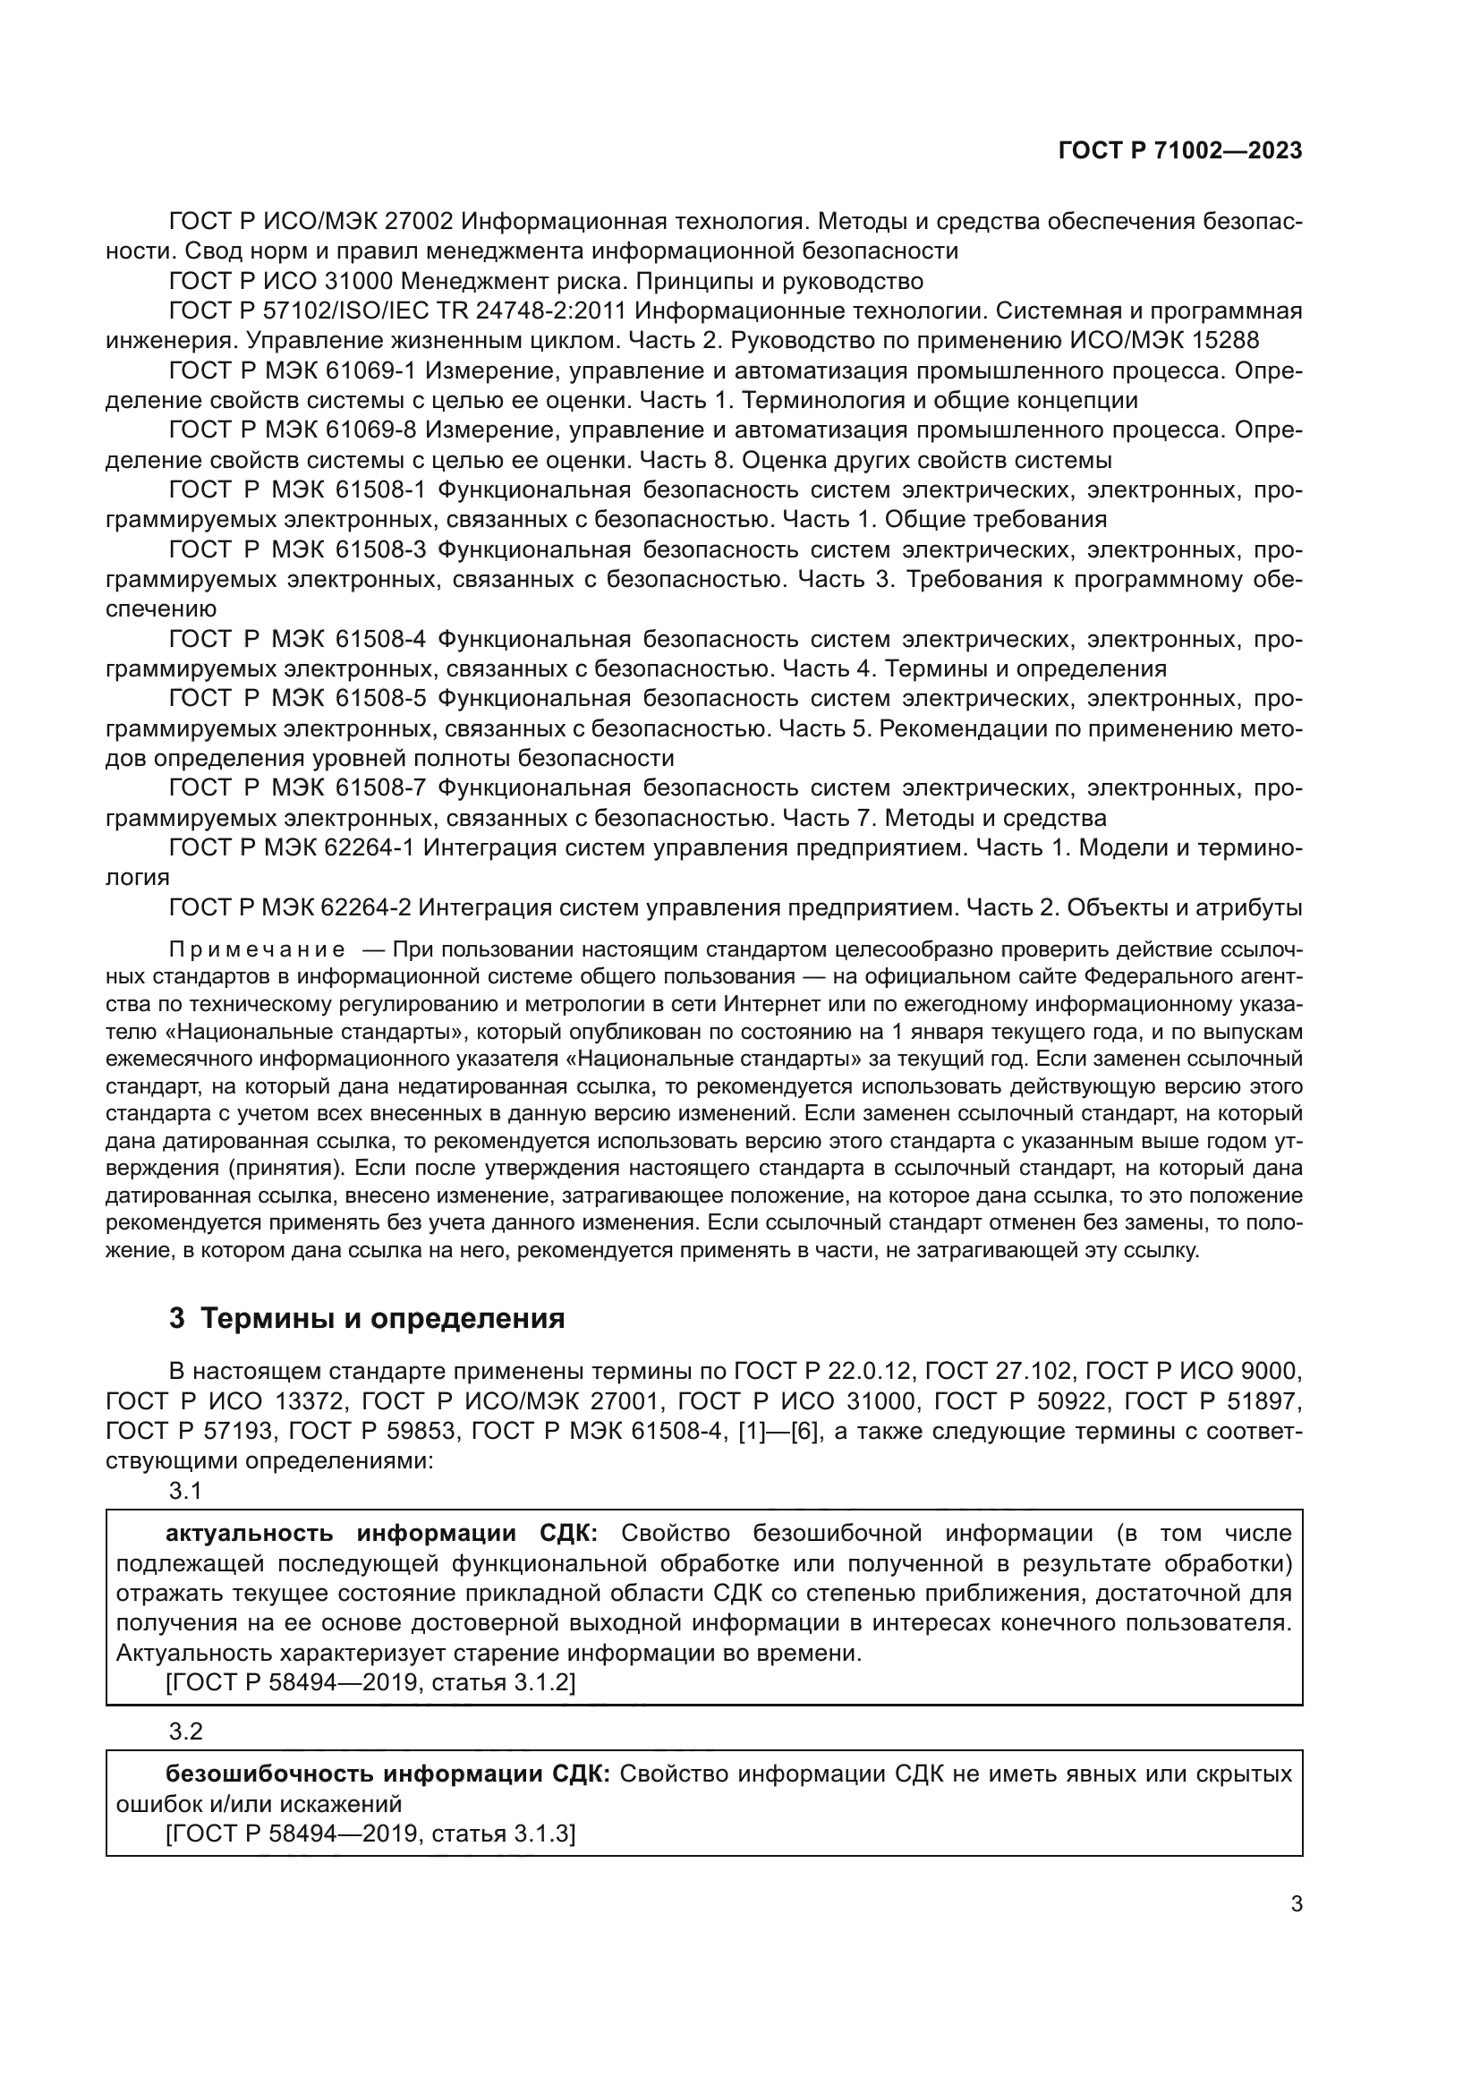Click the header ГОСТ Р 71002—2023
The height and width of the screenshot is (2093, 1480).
(x=1179, y=151)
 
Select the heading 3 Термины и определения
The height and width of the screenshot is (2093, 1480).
(x=366, y=1318)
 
